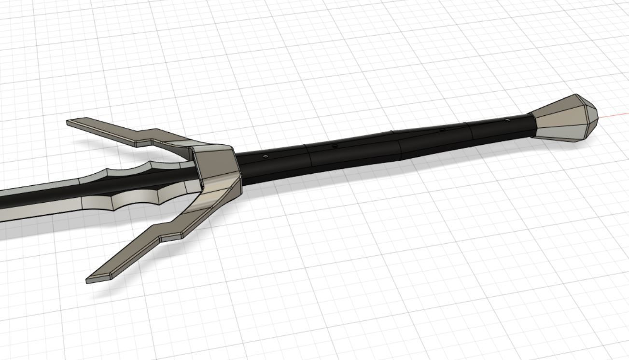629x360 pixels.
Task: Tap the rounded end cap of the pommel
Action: (x=590, y=115)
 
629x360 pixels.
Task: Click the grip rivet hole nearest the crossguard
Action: (x=265, y=156)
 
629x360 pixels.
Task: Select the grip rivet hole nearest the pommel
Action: (x=507, y=119)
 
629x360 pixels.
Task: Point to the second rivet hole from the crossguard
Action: (x=335, y=145)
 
